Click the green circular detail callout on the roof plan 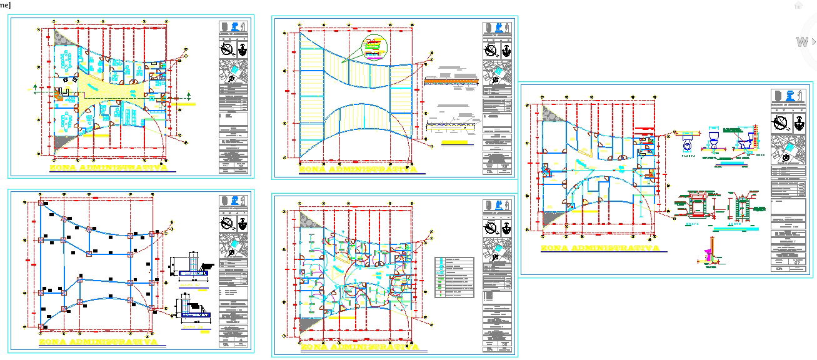[x=374, y=48]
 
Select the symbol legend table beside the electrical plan [x=454, y=277]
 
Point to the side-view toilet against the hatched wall [x=746, y=141]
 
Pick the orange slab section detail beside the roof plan [x=451, y=81]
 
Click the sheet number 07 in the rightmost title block [x=797, y=263]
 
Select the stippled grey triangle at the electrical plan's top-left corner [x=307, y=220]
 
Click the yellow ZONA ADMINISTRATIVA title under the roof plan [x=358, y=169]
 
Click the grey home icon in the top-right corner [x=798, y=5]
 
